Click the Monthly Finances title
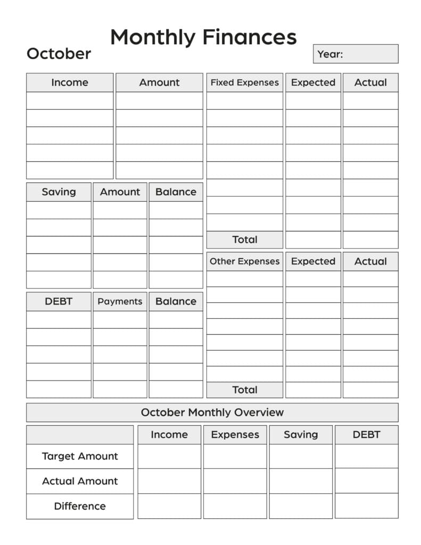pos(203,37)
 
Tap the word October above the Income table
pos(59,54)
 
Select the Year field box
pos(355,54)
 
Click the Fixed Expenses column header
pos(244,82)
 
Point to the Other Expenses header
pos(244,261)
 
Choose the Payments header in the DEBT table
pos(120,301)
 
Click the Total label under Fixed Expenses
pos(244,240)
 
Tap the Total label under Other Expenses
pos(244,390)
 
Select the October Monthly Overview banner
pos(212,412)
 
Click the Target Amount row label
pos(80,456)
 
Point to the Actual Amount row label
pos(80,481)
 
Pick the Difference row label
pos(80,506)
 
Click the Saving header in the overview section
pos(301,435)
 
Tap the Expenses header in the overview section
pos(235,435)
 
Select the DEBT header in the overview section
pos(366,435)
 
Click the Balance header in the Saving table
pos(176,192)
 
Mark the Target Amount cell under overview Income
pos(169,456)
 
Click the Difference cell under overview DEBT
pos(366,506)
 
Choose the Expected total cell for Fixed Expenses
pos(313,240)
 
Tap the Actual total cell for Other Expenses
pos(370,390)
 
